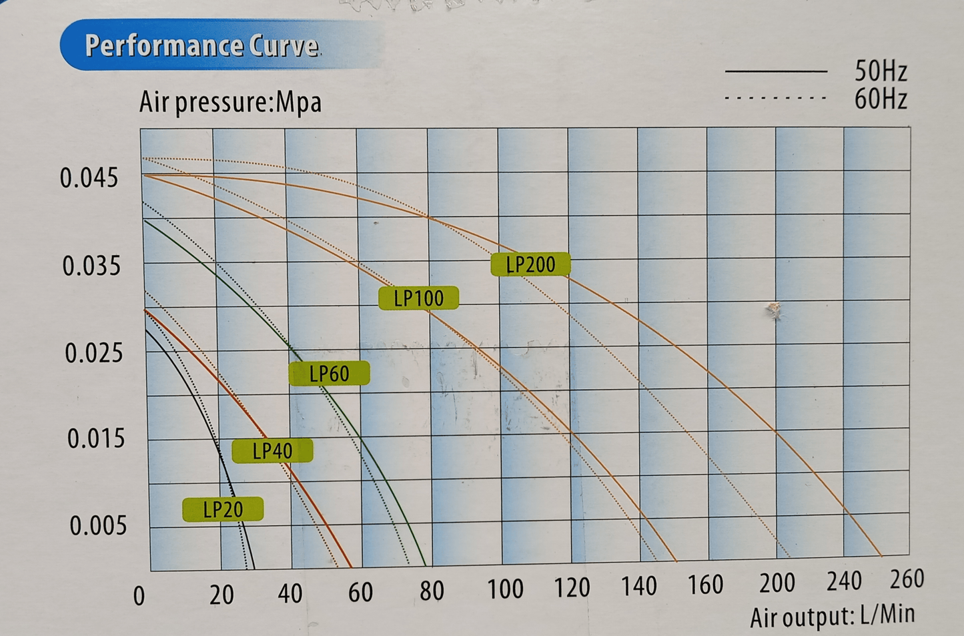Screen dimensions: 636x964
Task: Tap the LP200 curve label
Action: [530, 264]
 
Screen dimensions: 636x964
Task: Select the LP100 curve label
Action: [418, 298]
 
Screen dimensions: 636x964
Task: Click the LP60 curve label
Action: [329, 374]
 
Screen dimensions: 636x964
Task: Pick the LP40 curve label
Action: [272, 451]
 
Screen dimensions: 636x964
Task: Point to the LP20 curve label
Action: [223, 510]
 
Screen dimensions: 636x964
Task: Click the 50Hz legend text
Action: [880, 71]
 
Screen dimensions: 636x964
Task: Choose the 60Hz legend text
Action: [880, 99]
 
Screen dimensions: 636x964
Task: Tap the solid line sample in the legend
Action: [775, 71]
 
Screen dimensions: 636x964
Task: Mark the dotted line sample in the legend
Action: [775, 99]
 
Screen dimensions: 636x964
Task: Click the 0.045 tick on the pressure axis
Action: [89, 178]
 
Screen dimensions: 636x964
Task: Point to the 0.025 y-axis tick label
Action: [93, 353]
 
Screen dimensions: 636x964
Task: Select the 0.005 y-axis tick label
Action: [97, 526]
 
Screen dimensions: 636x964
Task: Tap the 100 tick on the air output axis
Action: [504, 589]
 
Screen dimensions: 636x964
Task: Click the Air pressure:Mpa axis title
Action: [230, 102]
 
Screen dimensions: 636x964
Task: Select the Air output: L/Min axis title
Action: [832, 616]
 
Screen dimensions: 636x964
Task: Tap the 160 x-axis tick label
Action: [705, 585]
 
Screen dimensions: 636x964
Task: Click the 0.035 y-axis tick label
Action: [91, 266]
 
